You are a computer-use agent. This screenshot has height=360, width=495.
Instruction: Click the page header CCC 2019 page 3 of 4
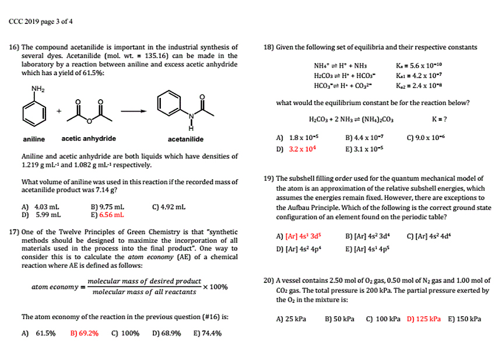(x=41, y=22)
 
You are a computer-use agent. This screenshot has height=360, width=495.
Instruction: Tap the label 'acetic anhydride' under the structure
(x=89, y=138)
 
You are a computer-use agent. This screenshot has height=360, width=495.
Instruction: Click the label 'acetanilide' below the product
(x=185, y=139)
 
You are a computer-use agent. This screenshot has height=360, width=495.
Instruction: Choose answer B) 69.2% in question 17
(x=84, y=333)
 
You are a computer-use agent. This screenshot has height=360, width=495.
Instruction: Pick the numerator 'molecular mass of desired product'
(x=144, y=281)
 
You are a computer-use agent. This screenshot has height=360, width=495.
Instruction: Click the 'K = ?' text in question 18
(x=439, y=120)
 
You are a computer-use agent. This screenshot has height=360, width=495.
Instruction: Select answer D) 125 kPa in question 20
(x=423, y=319)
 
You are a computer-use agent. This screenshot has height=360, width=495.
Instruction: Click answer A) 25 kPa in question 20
(x=291, y=319)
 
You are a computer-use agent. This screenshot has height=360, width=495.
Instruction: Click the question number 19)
(x=269, y=179)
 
